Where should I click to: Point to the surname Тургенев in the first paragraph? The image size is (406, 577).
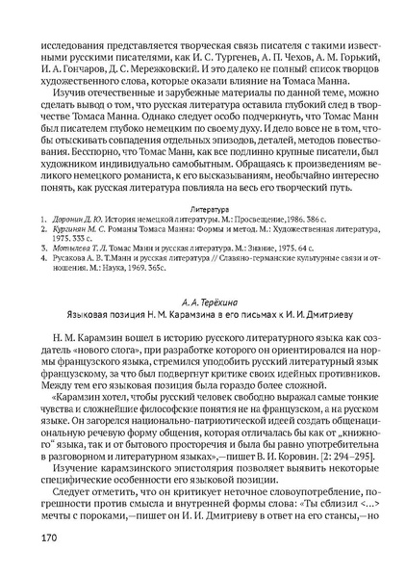click(x=284, y=42)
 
